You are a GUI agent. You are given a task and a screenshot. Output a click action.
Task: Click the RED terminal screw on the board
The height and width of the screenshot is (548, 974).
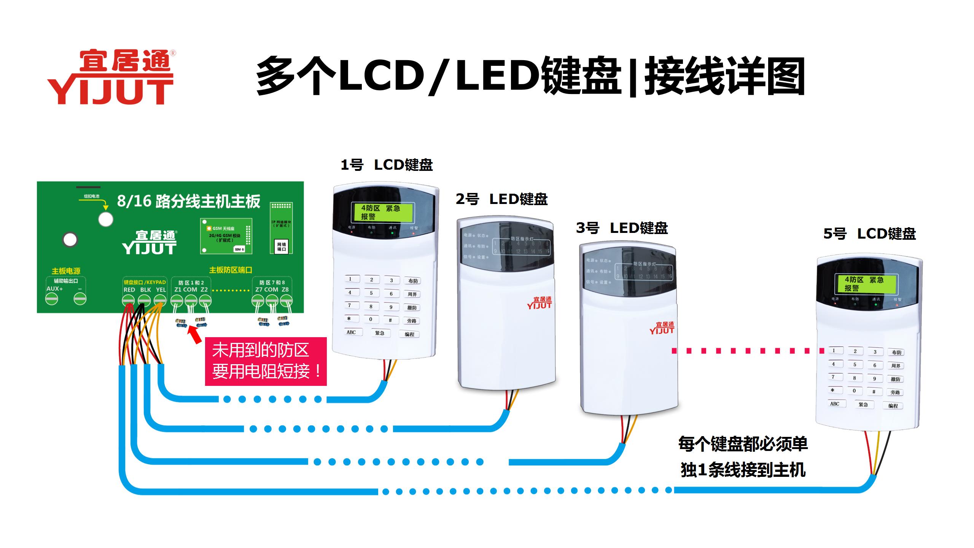128,301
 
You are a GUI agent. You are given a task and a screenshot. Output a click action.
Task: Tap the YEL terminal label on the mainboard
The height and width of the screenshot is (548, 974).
161,290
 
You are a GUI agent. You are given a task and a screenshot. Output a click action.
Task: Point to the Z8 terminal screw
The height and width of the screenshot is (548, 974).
286,301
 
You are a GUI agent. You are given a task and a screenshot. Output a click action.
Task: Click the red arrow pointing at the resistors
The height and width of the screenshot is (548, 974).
195,336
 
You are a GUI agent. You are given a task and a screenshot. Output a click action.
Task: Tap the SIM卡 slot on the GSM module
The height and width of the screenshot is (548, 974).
239,249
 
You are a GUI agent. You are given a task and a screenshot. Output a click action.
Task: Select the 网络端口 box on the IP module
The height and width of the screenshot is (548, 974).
282,247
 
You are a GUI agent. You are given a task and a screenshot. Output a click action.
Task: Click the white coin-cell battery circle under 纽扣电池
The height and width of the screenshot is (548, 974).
106,219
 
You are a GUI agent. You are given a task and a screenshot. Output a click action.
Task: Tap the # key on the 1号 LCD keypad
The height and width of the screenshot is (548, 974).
390,320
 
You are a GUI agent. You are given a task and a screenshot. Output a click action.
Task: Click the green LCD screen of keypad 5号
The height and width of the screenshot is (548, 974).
867,284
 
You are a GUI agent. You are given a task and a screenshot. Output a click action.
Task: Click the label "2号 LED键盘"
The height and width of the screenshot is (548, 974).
501,199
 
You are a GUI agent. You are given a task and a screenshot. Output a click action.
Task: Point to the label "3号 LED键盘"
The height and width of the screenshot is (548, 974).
622,228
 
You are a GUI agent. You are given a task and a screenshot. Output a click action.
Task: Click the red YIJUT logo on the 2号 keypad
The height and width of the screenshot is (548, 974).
539,303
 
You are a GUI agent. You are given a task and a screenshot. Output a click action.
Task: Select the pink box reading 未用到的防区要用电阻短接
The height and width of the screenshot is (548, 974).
266,361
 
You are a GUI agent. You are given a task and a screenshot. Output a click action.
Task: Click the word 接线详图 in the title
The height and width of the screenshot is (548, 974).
725,76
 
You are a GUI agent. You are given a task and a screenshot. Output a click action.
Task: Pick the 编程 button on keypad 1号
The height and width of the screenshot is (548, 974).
409,334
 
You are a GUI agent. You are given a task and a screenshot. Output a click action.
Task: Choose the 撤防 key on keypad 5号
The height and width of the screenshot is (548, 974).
895,379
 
